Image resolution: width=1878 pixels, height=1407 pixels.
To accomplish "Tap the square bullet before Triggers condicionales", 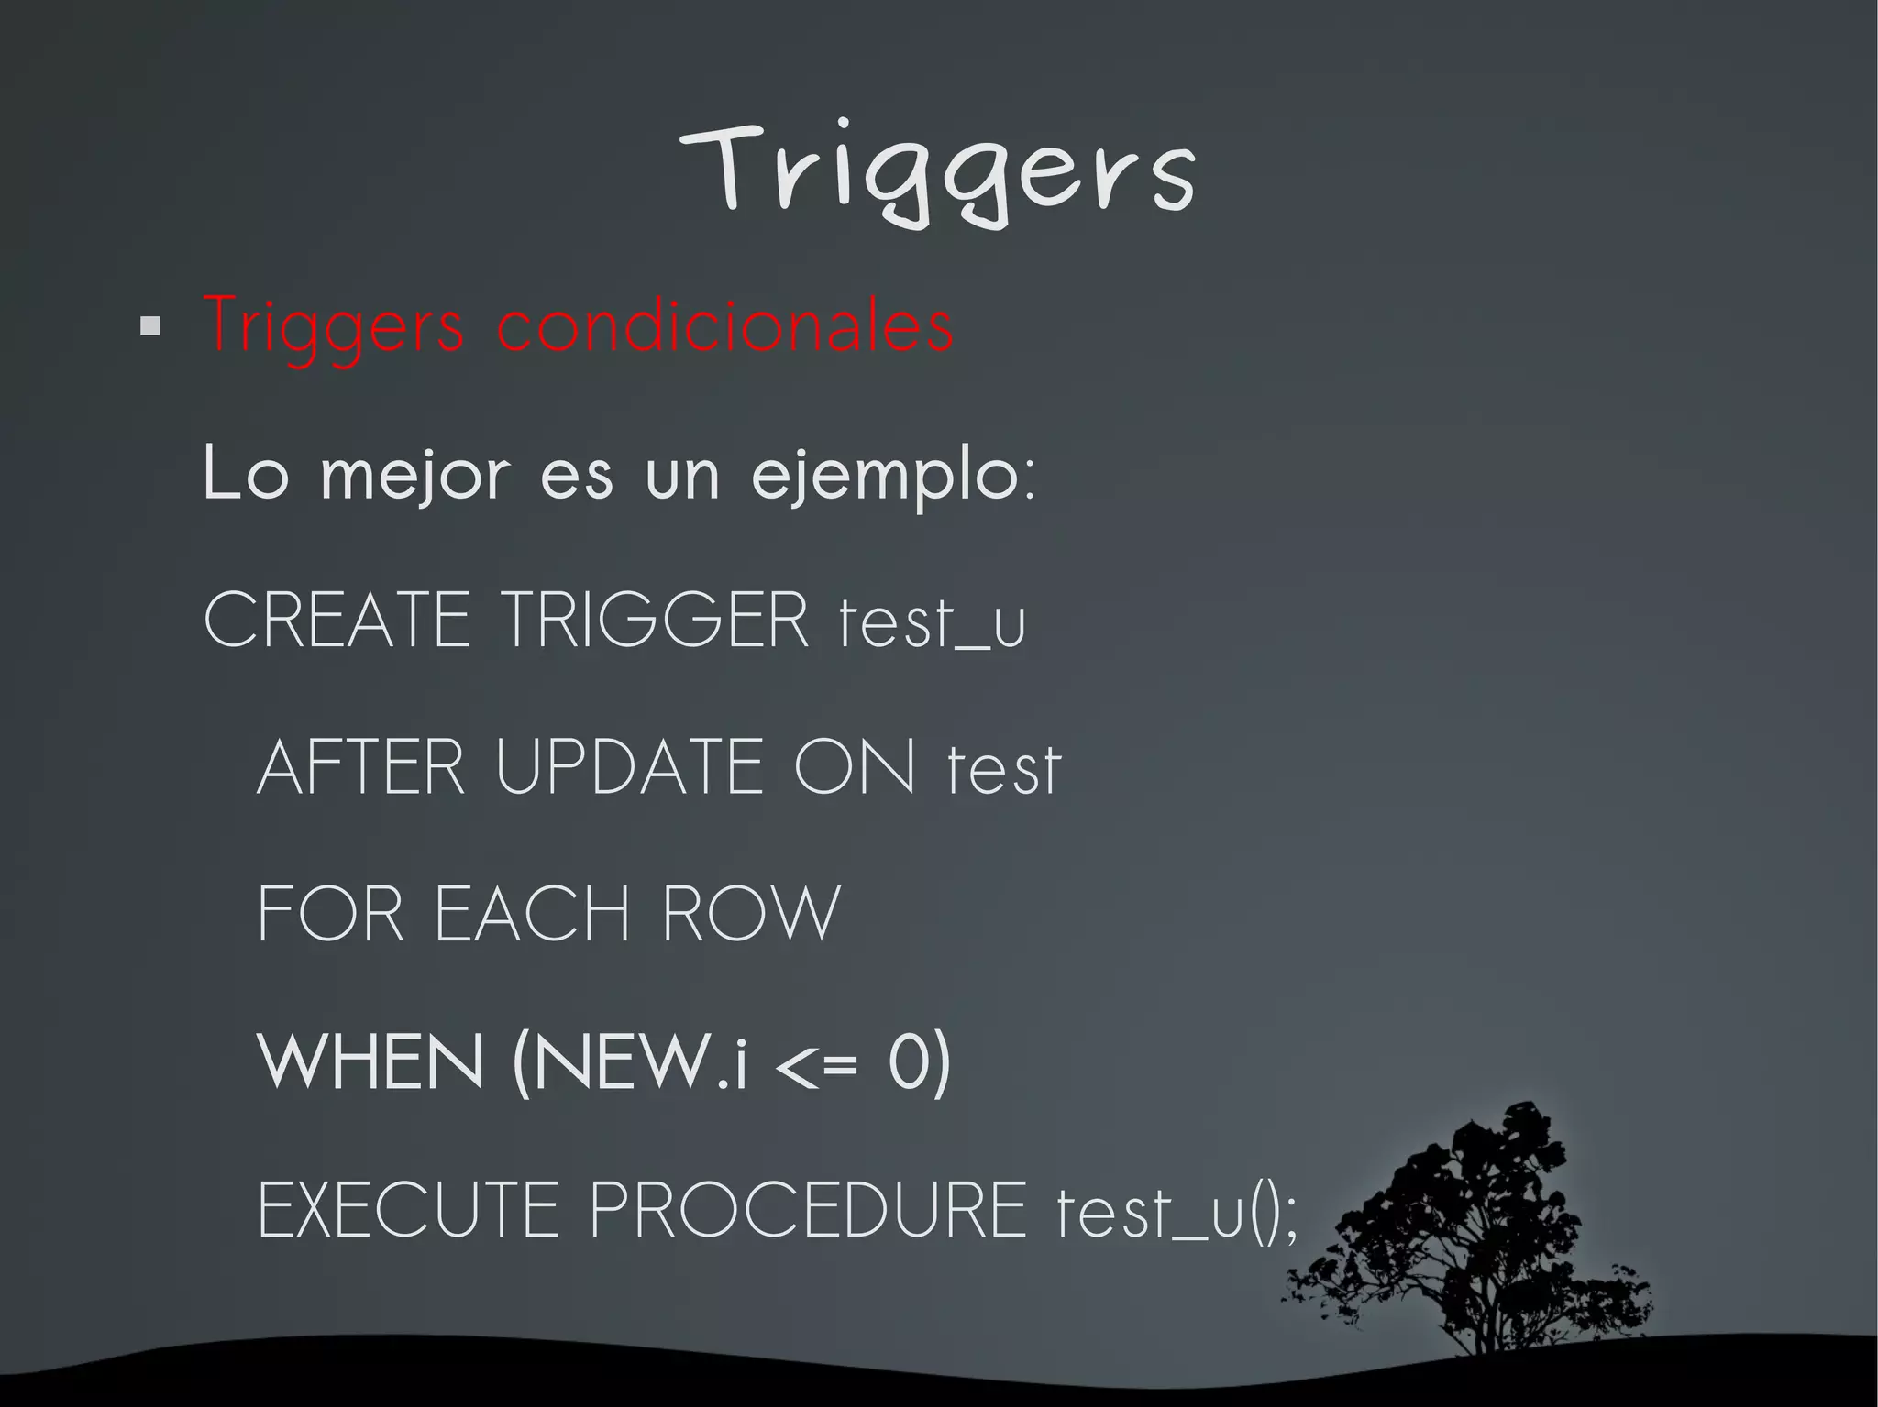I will click(x=150, y=326).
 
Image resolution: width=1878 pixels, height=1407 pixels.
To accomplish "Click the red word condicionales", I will click(x=724, y=324).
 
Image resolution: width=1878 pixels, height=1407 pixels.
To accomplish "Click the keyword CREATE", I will click(x=337, y=621).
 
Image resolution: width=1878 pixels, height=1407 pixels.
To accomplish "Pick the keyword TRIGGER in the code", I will click(x=657, y=621).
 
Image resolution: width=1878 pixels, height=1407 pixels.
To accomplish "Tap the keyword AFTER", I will click(x=361, y=767).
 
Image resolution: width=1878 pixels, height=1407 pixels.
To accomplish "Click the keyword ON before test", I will click(x=855, y=767).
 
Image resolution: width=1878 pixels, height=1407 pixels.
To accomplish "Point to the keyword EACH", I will click(x=533, y=914).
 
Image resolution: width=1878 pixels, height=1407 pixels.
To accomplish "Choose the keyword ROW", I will click(x=750, y=914).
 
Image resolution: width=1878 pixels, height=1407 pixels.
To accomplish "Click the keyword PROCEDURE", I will click(x=808, y=1210).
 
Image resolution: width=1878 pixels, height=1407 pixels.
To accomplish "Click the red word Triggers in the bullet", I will click(x=335, y=326).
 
